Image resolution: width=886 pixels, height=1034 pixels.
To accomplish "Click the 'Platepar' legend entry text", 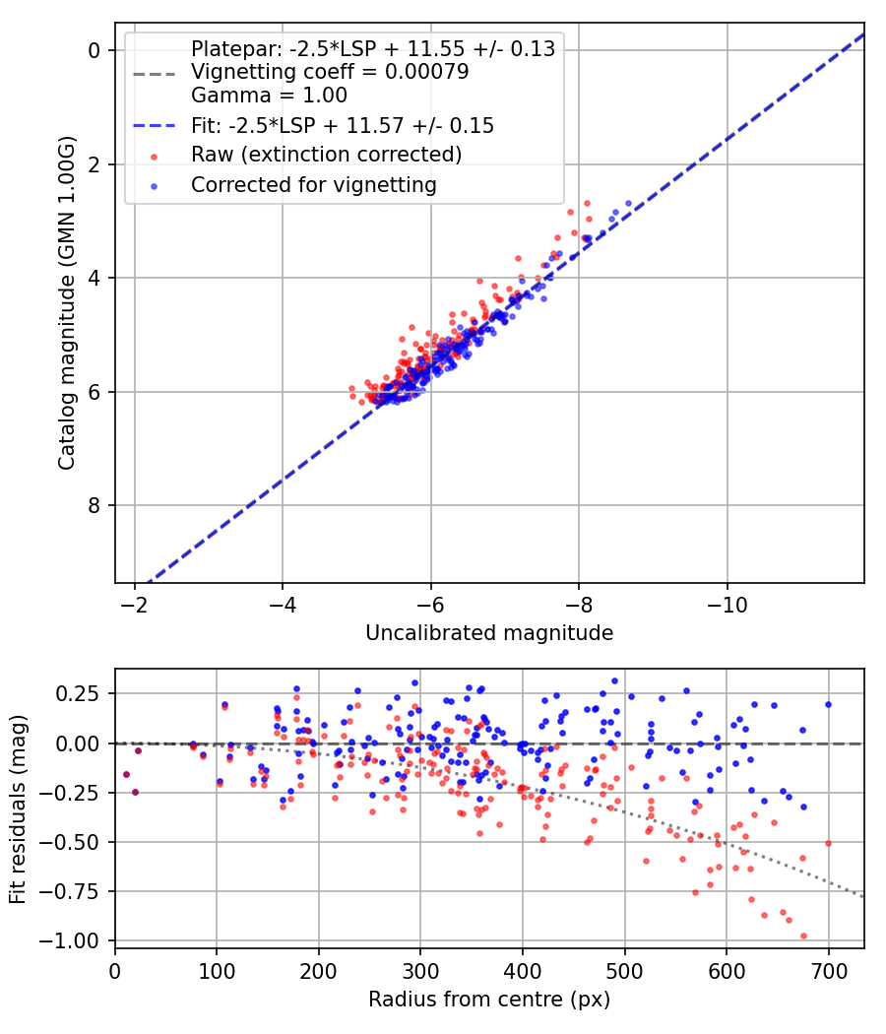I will coord(372,48).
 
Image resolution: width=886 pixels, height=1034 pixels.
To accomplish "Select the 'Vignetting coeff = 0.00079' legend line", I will coord(330,72).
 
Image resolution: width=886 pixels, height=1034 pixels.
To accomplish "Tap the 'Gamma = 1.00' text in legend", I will coord(269,96).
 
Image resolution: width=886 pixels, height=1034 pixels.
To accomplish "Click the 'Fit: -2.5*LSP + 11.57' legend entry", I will coord(343,126).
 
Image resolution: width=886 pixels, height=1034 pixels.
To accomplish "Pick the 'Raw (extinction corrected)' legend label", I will coord(326,155).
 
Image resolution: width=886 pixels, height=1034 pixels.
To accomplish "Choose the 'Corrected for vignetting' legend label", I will coord(314,184).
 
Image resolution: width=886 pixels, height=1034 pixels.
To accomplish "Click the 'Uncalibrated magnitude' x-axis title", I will coord(489,633).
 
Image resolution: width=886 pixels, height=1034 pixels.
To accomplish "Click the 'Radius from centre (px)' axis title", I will coord(489,1000).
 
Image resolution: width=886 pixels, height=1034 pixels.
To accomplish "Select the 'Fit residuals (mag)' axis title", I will coord(19,808).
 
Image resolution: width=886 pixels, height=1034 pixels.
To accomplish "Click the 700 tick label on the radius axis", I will coord(829,970).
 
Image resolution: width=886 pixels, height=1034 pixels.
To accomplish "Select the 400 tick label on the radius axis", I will coord(523,970).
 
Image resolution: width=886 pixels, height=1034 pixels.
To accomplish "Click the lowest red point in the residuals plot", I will coord(803,936).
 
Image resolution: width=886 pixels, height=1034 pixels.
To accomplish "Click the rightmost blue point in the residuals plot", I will coord(828,704).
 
